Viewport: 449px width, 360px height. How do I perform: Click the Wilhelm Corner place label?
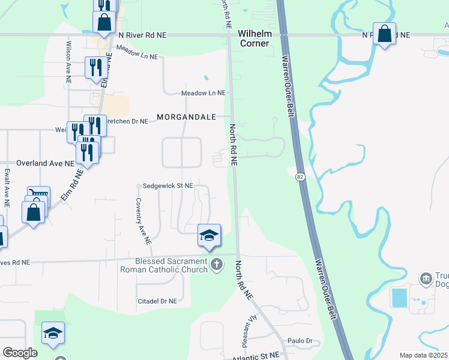(255, 38)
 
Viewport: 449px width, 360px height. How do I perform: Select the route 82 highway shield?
(300, 176)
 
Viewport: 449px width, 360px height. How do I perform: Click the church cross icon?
(217, 263)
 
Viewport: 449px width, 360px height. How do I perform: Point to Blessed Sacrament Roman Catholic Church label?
(171, 265)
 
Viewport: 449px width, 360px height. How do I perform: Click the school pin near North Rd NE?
(209, 235)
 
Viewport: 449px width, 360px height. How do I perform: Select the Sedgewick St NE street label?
(167, 186)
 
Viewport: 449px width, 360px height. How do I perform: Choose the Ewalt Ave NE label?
(7, 187)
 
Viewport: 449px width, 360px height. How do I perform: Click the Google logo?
(20, 352)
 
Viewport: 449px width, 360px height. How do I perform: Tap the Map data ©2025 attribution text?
(423, 355)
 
